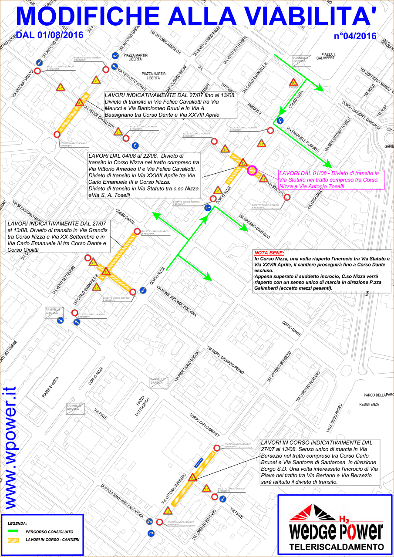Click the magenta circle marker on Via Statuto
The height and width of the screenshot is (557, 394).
[252, 171]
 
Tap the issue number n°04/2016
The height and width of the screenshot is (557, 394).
[355, 36]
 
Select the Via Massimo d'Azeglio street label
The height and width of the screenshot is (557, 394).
[254, 226]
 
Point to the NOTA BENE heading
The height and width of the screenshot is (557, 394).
[269, 253]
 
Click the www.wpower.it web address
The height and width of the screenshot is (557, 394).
[10, 448]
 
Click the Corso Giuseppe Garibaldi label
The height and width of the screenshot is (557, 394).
[361, 116]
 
